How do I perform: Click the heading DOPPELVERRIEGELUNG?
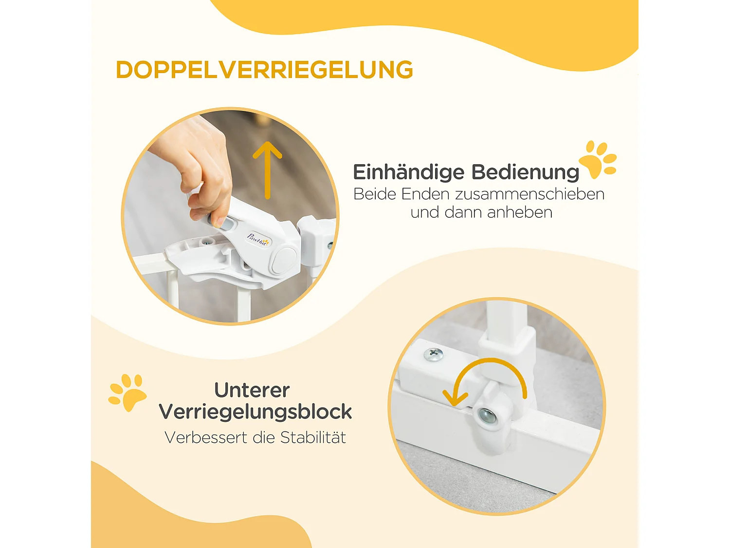click(x=264, y=70)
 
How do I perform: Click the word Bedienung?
click(x=525, y=172)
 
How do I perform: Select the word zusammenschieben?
click(x=529, y=194)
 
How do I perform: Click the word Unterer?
click(x=252, y=390)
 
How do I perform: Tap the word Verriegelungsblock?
click(x=255, y=412)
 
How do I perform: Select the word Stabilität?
click(x=313, y=437)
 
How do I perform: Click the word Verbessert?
click(x=206, y=437)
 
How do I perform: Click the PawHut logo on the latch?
click(x=258, y=239)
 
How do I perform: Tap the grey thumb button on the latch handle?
click(x=225, y=224)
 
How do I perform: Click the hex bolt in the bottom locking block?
click(x=487, y=416)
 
